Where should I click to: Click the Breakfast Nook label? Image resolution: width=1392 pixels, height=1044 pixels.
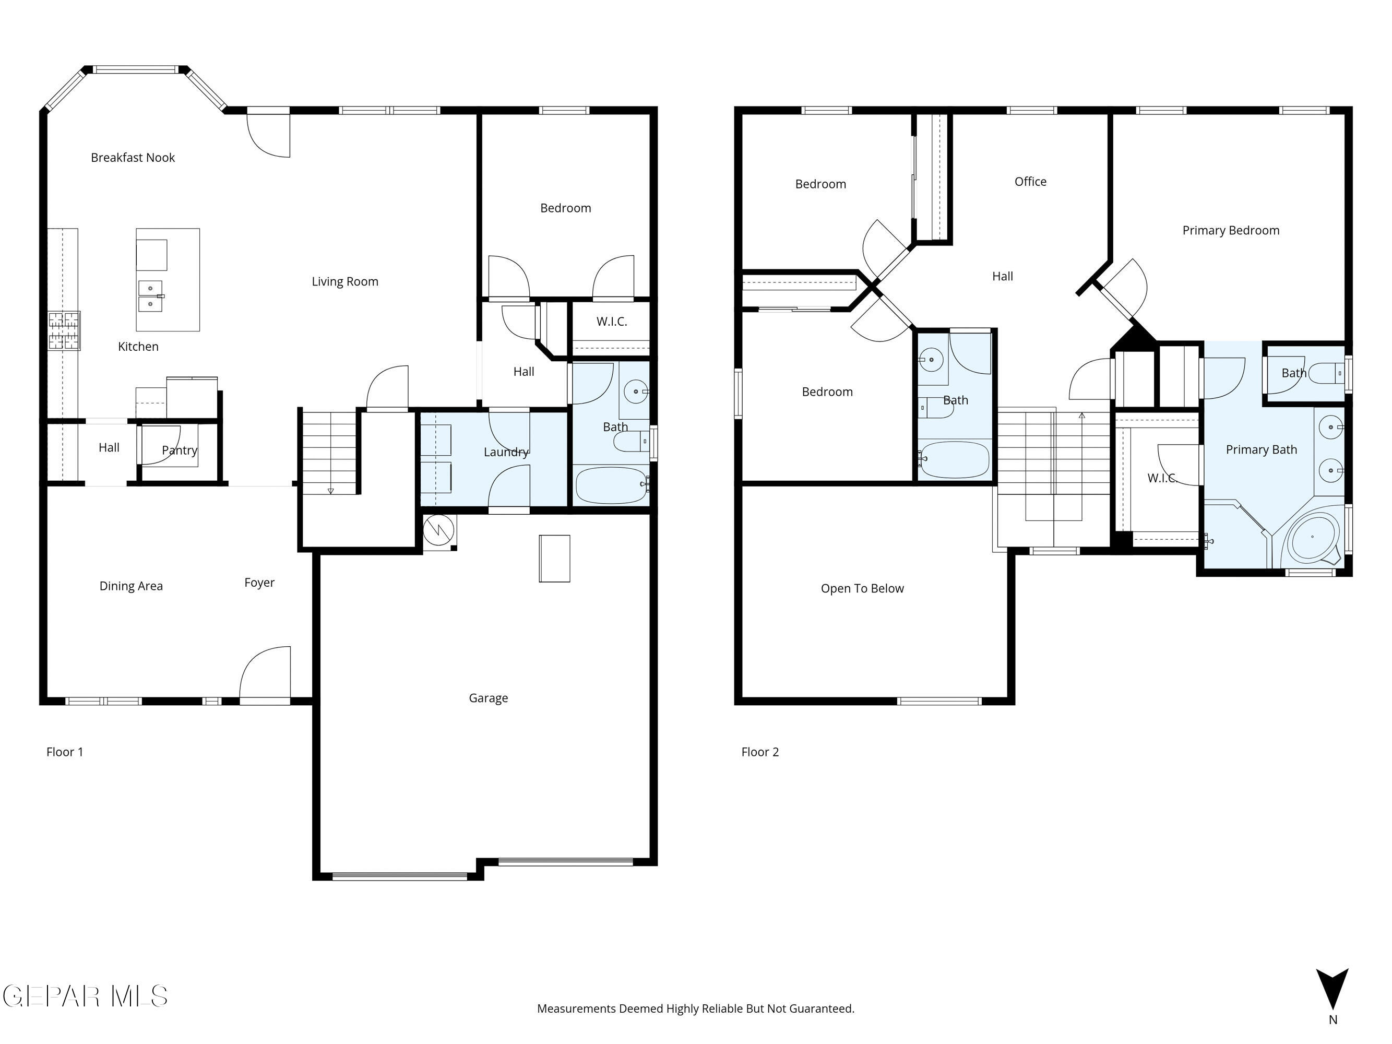click(133, 157)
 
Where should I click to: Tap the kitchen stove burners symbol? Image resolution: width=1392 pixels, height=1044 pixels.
click(64, 331)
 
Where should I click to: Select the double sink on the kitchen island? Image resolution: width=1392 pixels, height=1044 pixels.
click(150, 296)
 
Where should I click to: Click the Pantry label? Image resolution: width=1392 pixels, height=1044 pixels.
click(180, 450)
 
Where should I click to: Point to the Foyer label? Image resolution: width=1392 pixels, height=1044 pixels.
click(259, 583)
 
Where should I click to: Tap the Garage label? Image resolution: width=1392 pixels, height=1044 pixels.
click(489, 698)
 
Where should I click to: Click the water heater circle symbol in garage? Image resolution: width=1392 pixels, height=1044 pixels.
click(438, 530)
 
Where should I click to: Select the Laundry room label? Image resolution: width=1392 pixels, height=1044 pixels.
click(506, 452)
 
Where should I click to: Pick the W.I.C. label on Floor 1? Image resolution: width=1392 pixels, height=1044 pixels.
click(612, 322)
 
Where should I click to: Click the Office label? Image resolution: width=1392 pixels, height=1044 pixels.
click(1030, 181)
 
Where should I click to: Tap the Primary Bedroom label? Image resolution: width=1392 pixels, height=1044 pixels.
click(1230, 230)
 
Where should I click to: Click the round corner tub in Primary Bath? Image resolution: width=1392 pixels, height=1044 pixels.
click(1313, 538)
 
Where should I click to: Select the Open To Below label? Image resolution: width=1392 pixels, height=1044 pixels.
click(862, 588)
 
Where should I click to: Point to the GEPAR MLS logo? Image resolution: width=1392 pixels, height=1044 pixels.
click(86, 996)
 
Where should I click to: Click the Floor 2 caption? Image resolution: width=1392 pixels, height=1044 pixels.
click(759, 752)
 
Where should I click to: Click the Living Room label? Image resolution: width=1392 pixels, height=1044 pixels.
click(345, 281)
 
